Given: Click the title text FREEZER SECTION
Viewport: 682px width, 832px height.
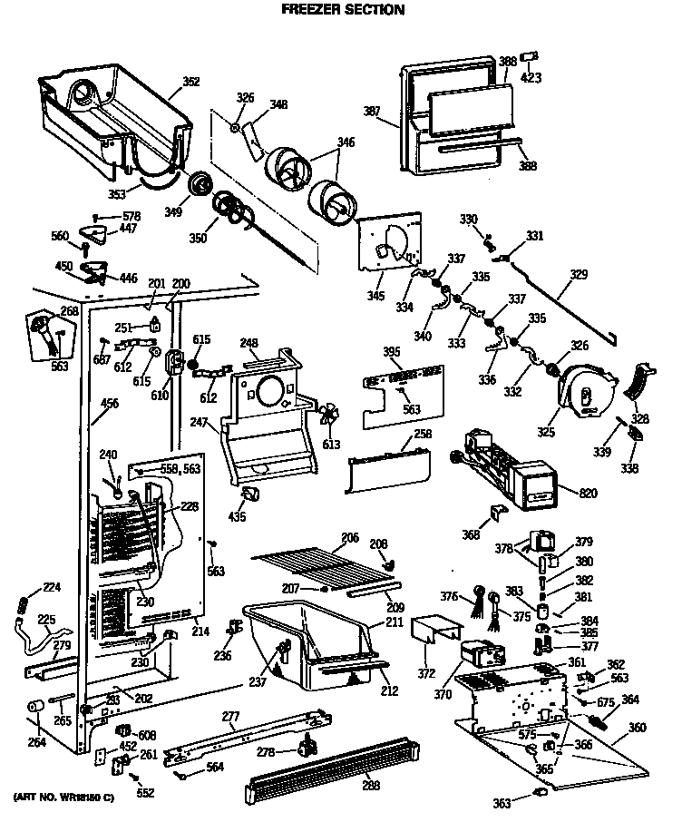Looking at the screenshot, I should tap(342, 10).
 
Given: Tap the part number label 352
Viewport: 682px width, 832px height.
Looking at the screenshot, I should tap(191, 83).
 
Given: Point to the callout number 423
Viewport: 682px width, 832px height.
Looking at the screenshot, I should tap(531, 77).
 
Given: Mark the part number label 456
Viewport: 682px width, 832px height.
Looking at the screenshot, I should tap(109, 403).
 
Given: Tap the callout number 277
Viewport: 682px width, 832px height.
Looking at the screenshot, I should tap(231, 717).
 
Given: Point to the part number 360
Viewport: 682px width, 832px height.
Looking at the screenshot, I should tap(638, 728).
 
